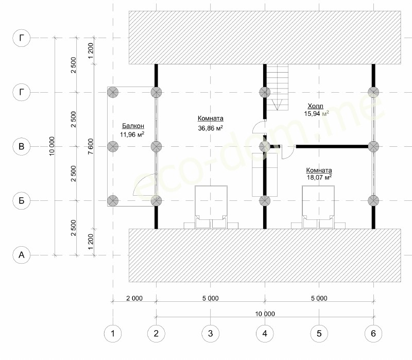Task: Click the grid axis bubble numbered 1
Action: coord(113,333)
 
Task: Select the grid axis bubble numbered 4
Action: coord(265,333)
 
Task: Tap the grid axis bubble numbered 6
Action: coord(373,333)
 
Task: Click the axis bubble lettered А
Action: coord(22,255)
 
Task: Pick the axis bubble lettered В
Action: coord(22,146)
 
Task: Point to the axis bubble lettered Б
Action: coord(22,200)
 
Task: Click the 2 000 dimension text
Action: coord(134,298)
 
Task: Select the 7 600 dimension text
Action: coord(91,146)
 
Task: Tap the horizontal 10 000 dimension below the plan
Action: coord(265,314)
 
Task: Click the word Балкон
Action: coord(133,126)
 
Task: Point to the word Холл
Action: coord(315,106)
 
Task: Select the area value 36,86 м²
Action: coord(211,128)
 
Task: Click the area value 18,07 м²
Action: coord(319,177)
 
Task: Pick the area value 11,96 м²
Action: coord(132,134)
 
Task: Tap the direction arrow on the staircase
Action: coord(278,105)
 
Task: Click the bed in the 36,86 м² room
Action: coord(211,207)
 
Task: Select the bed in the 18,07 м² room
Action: coord(318,207)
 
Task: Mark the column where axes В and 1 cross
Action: coord(113,146)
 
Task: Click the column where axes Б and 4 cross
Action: coord(265,201)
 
